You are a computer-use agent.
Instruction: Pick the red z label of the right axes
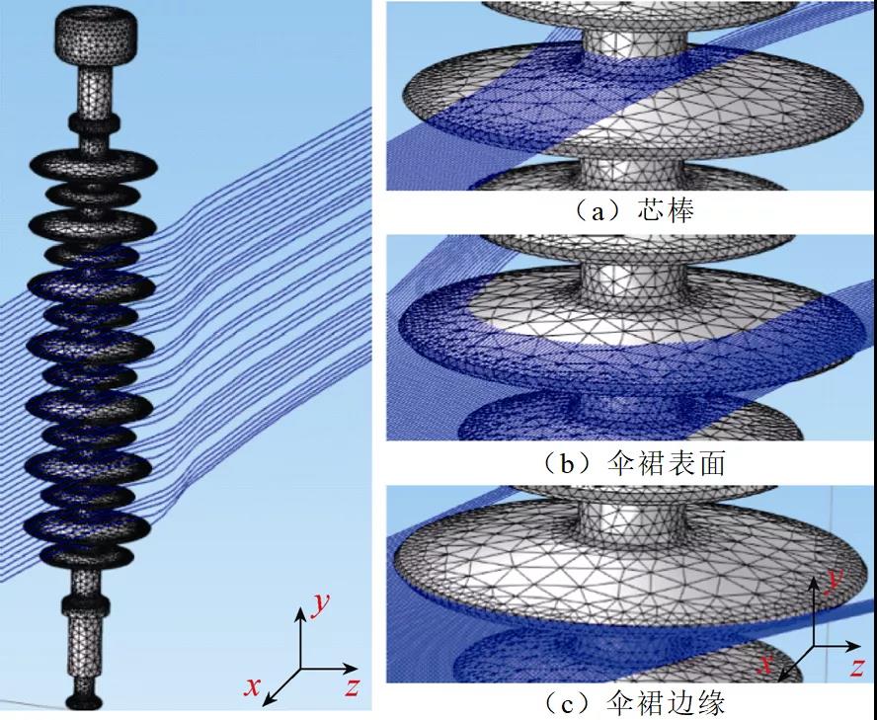(856, 667)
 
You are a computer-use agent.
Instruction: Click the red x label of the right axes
(764, 664)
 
